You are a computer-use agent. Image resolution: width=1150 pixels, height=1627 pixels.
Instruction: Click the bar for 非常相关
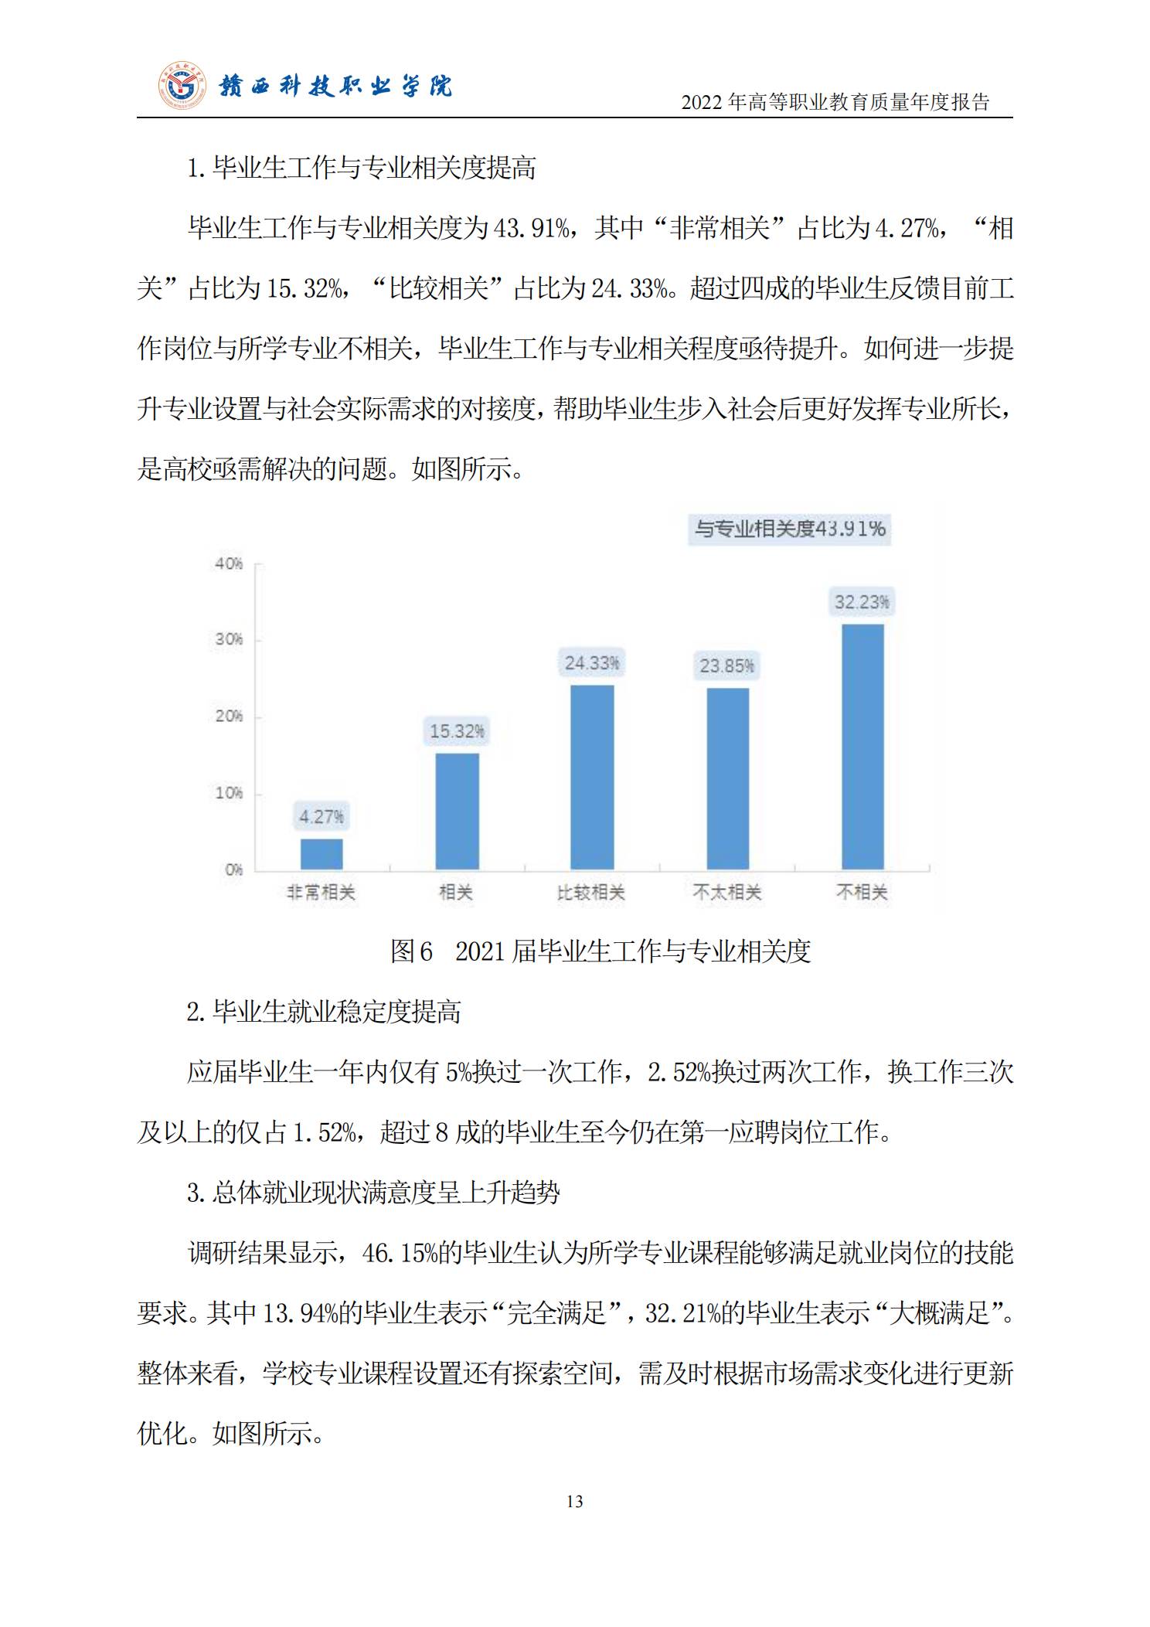pos(322,854)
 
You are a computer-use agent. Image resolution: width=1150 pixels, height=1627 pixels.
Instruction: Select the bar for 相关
pos(457,812)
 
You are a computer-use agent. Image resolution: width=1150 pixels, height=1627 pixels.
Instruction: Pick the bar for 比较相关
pos(592,777)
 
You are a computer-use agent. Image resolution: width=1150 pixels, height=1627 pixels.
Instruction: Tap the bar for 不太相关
pos(727,778)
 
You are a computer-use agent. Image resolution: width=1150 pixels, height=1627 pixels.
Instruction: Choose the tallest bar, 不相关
pos(862,747)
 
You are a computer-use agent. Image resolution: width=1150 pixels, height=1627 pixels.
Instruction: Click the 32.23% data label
pos(862,601)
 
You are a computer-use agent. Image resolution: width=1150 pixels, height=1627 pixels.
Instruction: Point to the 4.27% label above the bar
pos(322,816)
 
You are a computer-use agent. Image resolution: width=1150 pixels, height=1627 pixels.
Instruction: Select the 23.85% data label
pos(726,665)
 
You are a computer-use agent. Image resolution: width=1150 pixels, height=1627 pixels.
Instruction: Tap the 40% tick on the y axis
pos(229,563)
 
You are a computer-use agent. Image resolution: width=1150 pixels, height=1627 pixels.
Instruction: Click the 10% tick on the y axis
pos(229,793)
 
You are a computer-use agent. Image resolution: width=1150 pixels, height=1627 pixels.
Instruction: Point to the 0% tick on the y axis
pos(233,870)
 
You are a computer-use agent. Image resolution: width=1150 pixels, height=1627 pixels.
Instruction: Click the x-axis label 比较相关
pos(591,893)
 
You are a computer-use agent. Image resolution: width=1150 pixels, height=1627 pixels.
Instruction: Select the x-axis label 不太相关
pos(727,893)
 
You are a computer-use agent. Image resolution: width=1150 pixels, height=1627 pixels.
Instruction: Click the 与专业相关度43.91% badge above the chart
pos(789,529)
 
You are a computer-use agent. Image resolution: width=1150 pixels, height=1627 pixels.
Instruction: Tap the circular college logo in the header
pos(184,85)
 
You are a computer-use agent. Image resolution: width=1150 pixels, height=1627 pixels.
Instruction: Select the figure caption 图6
pos(411,951)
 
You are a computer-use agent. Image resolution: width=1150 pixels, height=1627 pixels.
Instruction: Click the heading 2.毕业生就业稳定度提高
pos(324,1011)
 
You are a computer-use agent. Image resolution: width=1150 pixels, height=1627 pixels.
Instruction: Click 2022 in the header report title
pos(702,103)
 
